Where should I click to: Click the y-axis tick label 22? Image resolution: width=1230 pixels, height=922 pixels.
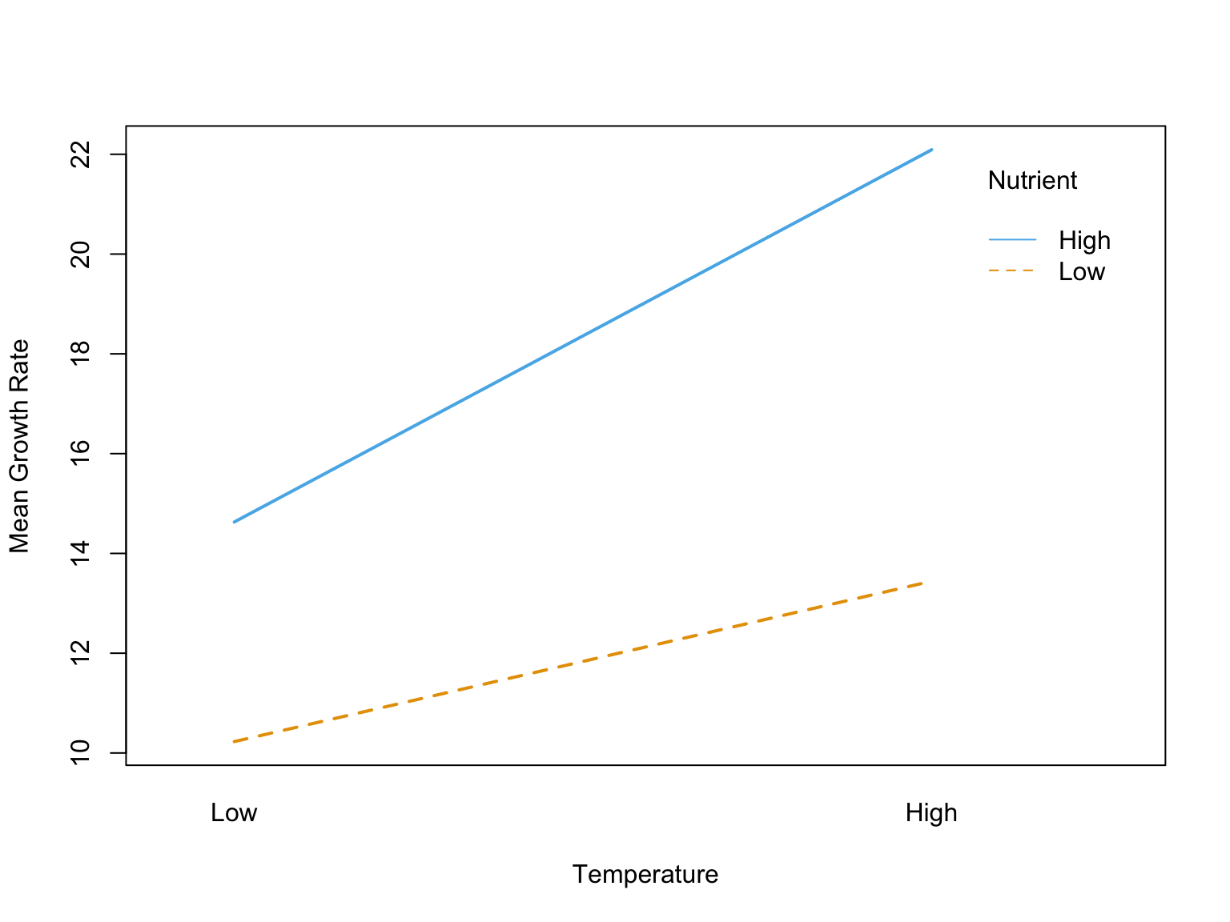click(80, 154)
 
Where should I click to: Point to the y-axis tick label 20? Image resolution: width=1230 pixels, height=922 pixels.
click(80, 255)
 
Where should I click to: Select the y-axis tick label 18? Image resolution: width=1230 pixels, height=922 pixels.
click(80, 354)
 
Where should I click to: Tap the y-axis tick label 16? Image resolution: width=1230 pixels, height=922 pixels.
click(80, 454)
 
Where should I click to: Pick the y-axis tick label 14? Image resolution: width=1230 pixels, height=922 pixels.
click(80, 553)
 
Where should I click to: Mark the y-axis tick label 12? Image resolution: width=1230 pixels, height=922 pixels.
click(80, 653)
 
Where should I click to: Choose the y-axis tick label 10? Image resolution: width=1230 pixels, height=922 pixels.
click(80, 753)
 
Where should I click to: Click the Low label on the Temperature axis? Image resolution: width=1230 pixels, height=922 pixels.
click(234, 813)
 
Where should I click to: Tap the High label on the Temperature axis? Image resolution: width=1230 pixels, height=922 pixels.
click(931, 813)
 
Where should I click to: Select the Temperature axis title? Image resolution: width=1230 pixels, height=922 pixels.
click(645, 875)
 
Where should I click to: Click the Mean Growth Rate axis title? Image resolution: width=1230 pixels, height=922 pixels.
click(19, 446)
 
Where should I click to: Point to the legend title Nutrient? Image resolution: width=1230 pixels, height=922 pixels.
click(1032, 181)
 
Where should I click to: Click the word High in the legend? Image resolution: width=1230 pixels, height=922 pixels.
click(1084, 241)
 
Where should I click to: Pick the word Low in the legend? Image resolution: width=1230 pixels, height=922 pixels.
click(1081, 272)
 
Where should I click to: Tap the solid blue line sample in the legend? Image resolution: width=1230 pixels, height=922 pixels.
click(1012, 240)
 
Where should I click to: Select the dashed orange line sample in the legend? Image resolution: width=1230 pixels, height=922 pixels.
click(1012, 271)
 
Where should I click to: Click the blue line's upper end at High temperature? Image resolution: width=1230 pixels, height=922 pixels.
click(931, 150)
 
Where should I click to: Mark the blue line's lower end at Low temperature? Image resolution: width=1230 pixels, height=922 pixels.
click(234, 522)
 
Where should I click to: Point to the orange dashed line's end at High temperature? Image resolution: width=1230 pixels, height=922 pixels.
click(924, 583)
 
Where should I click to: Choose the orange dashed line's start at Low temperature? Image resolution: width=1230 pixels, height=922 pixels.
click(234, 742)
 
